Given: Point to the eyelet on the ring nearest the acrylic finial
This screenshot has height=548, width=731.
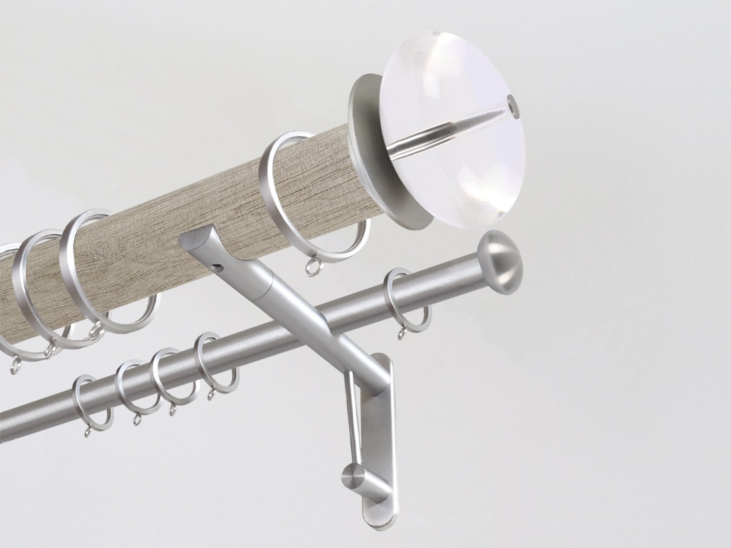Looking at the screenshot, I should click(311, 269).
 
